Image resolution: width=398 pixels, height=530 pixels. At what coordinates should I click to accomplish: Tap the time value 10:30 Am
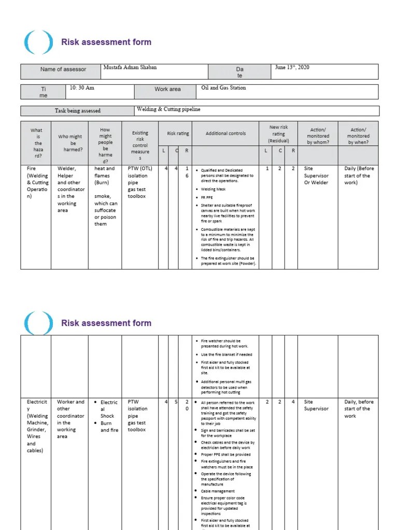(82, 88)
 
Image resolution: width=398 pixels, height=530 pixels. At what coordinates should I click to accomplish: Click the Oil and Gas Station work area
(223, 88)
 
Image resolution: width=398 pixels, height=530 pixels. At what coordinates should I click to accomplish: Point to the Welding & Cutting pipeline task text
(168, 110)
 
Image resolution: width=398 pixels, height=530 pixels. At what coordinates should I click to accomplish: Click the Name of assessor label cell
(63, 69)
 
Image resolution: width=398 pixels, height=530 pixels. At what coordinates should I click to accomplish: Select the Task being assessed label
(78, 111)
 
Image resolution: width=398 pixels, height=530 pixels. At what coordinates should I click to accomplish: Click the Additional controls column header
(225, 134)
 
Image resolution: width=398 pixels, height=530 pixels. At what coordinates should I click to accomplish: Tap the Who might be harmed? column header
(70, 143)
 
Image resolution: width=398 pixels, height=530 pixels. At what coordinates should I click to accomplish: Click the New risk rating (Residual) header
(278, 134)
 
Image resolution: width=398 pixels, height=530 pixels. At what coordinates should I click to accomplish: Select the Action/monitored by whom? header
(318, 136)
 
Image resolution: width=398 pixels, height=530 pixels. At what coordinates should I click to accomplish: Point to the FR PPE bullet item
(208, 197)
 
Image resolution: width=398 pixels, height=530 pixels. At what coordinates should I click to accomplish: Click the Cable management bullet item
(218, 491)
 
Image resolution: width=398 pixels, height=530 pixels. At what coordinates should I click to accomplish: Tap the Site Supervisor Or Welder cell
(316, 175)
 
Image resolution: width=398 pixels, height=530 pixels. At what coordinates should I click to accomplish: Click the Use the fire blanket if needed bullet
(226, 355)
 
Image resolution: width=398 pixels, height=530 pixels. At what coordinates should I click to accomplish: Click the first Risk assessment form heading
(106, 42)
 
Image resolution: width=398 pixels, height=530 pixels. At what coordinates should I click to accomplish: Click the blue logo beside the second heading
(38, 323)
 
